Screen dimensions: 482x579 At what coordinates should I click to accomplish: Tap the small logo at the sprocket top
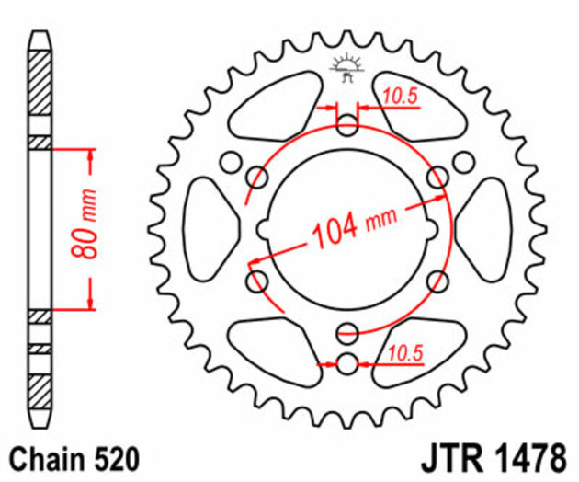[x=346, y=68]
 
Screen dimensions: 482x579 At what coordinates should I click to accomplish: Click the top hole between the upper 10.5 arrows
[x=346, y=126]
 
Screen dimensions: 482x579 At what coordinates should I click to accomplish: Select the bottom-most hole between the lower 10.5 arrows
[x=346, y=364]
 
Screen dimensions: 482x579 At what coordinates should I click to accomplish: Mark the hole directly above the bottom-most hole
[x=346, y=332]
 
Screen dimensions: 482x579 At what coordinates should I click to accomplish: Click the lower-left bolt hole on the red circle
[x=256, y=279]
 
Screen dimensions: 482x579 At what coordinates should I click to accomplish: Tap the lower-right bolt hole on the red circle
[x=437, y=279]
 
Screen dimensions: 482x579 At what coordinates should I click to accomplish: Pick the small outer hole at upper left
[x=228, y=162]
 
